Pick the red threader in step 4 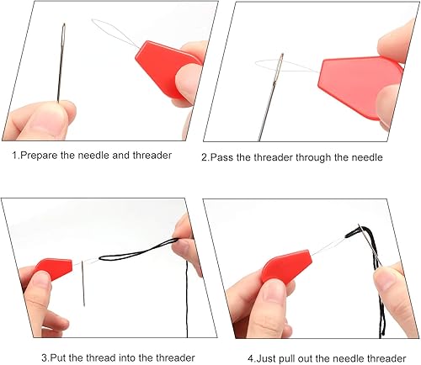pos(285,265)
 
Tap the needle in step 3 pos(83,283)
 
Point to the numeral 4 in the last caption pos(251,358)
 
